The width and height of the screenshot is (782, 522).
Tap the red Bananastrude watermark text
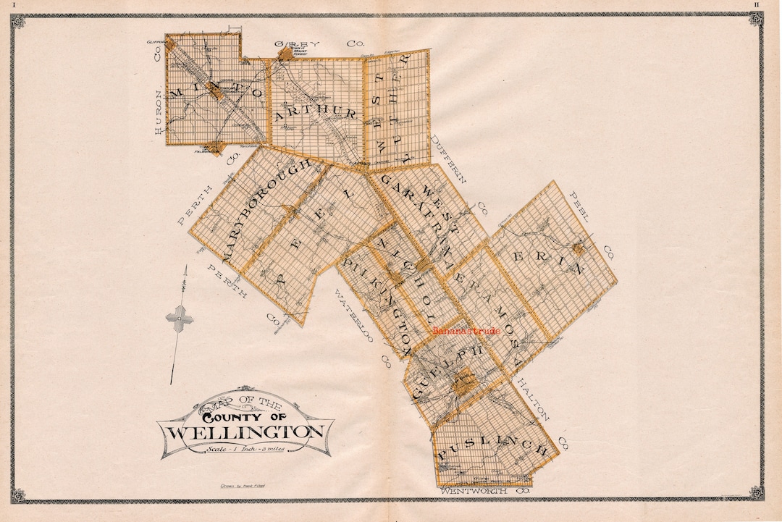point(466,330)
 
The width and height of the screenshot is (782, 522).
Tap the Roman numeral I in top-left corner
point(14,4)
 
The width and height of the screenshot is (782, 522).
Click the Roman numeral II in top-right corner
point(757,4)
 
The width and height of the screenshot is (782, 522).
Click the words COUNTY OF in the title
point(244,416)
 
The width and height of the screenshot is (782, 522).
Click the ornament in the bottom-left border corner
point(18,495)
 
